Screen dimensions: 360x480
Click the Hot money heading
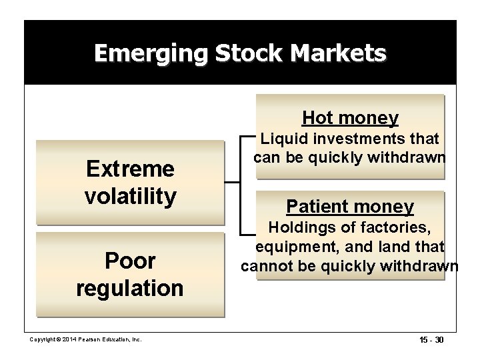click(x=350, y=118)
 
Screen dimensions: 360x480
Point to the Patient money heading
click(x=349, y=207)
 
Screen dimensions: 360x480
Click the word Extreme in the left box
click(x=131, y=169)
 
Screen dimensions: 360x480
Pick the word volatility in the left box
click(x=131, y=196)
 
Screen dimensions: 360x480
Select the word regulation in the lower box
click(x=130, y=288)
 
